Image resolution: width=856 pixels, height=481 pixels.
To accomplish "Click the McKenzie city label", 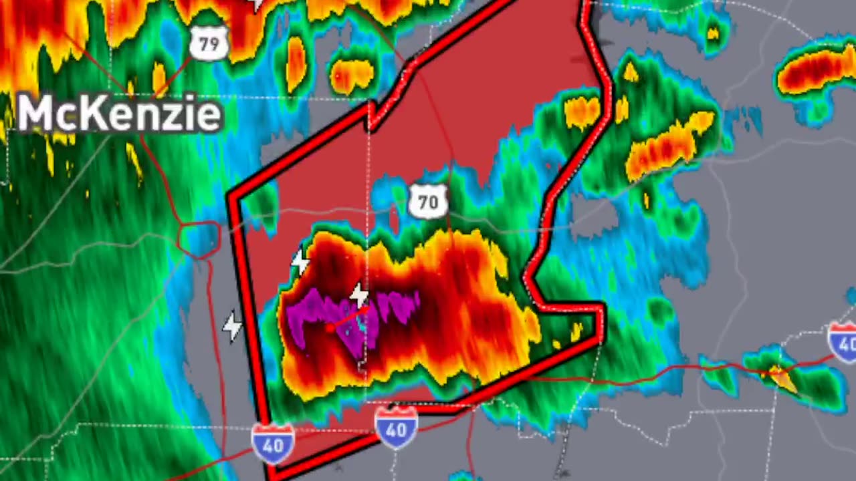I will [x=119, y=114].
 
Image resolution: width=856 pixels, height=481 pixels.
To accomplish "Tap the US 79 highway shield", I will [x=209, y=45].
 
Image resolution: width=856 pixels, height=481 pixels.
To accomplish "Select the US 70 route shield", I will [x=428, y=201].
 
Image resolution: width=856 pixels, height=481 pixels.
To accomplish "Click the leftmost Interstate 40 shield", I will [x=273, y=443].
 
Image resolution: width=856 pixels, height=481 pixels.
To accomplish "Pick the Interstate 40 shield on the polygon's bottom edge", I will [x=396, y=427].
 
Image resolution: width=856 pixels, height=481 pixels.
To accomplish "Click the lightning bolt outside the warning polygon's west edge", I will [x=232, y=327].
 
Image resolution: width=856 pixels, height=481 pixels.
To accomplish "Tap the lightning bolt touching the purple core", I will [x=360, y=295].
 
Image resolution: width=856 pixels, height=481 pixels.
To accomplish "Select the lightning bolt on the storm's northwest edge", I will [x=300, y=263].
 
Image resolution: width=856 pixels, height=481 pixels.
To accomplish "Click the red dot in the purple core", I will [x=330, y=327].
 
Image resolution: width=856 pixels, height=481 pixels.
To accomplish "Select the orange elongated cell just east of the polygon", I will [x=669, y=147].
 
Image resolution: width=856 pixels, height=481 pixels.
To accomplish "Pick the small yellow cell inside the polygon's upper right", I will [x=582, y=112].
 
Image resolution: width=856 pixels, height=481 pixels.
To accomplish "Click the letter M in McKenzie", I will [x=34, y=114].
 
